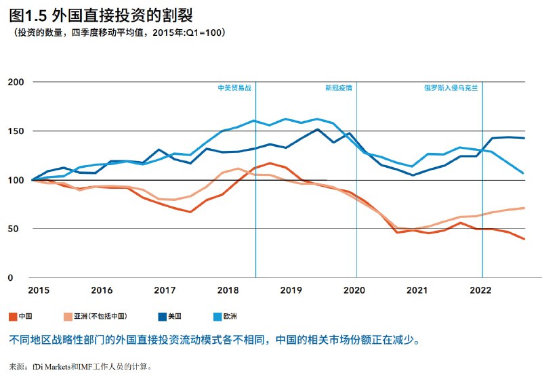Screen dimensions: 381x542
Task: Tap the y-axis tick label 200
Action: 15,82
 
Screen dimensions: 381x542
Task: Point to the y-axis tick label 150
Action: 15,131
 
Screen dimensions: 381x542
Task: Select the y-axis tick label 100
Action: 15,180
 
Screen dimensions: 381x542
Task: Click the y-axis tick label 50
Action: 18,229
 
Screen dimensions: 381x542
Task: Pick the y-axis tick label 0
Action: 20,277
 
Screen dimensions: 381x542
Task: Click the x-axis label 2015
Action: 39,290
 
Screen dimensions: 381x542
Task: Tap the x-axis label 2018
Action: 228,290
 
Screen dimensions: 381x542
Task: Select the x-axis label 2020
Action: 354,290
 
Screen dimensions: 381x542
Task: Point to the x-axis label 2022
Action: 480,290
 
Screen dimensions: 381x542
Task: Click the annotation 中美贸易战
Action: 234,88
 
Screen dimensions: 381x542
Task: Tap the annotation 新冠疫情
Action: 338,88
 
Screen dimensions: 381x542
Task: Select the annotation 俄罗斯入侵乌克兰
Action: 451,88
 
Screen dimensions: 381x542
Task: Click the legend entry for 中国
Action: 22,316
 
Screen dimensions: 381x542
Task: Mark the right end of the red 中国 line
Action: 524,239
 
